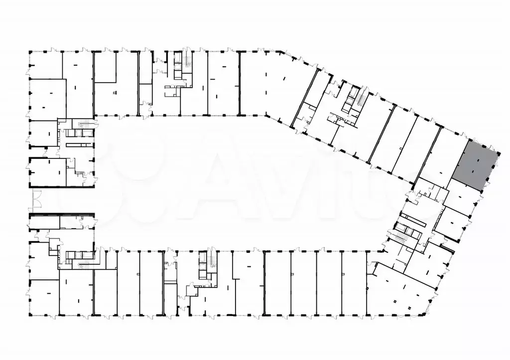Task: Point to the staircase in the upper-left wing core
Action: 88,126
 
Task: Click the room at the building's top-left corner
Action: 45,64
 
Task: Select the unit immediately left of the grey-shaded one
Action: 436,159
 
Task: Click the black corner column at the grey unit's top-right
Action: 498,150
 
